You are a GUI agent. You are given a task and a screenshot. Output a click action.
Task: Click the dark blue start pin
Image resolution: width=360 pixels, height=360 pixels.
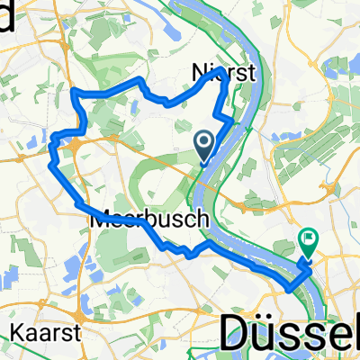tap(204, 143)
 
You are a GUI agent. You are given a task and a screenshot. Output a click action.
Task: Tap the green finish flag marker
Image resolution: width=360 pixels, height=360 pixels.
tap(309, 241)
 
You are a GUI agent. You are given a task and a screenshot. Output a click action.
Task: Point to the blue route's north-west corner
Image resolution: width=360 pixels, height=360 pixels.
tap(74, 93)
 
